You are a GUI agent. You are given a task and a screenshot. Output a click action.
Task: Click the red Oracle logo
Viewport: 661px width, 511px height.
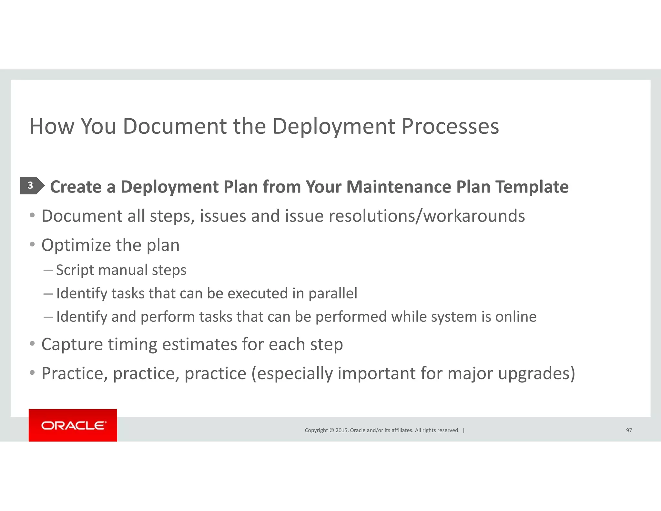73,425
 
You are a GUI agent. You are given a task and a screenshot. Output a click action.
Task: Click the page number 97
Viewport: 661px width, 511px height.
629,430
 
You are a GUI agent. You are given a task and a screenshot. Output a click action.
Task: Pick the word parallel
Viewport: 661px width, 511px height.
333,294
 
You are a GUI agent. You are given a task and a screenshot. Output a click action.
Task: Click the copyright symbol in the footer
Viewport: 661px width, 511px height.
331,430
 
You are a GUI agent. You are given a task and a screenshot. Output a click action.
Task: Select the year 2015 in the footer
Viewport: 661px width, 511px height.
341,430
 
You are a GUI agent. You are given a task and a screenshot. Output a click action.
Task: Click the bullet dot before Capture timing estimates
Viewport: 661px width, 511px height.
32,343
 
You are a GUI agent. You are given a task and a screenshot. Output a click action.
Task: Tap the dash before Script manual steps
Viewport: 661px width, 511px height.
48,270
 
